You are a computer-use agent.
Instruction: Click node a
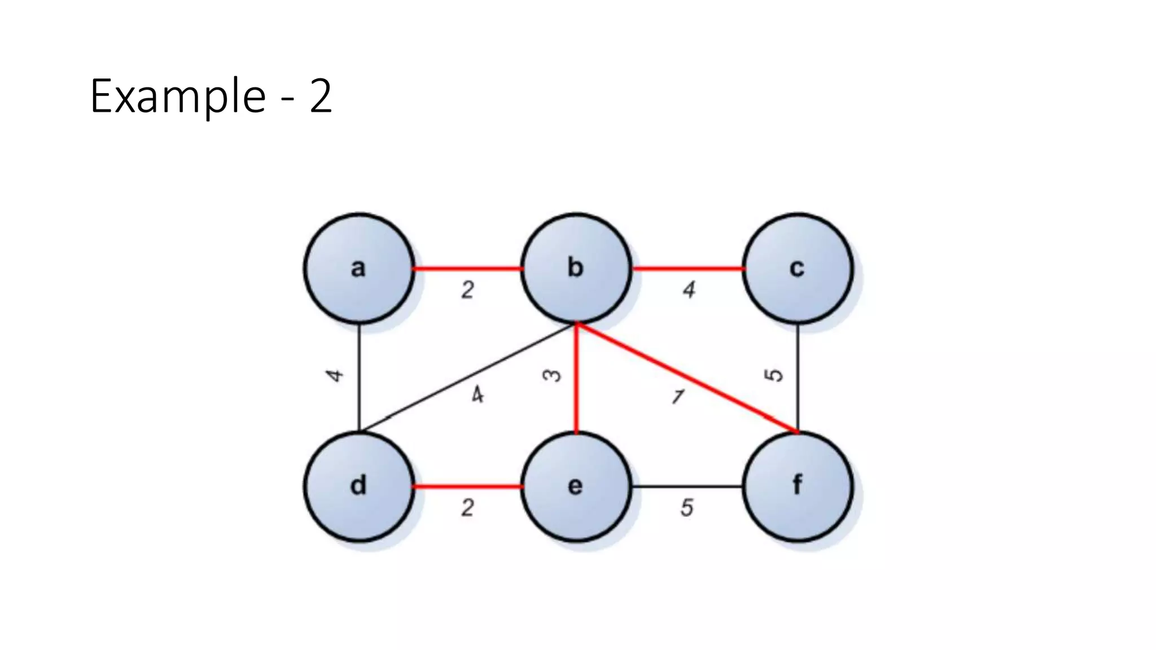coord(359,268)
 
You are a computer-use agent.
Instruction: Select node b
coord(575,268)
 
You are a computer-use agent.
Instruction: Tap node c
coord(797,268)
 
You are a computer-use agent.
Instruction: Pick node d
coord(359,486)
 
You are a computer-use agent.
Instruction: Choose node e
coord(575,486)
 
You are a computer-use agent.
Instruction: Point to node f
coord(797,486)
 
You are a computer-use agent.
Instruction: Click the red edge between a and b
coord(467,269)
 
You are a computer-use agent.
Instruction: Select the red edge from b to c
coord(687,269)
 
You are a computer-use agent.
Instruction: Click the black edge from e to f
coord(687,486)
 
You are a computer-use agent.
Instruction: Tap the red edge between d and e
coord(467,486)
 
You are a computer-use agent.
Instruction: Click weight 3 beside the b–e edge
coord(551,375)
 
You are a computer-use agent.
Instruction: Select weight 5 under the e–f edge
coord(686,508)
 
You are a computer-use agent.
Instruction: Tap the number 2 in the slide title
coord(321,96)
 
